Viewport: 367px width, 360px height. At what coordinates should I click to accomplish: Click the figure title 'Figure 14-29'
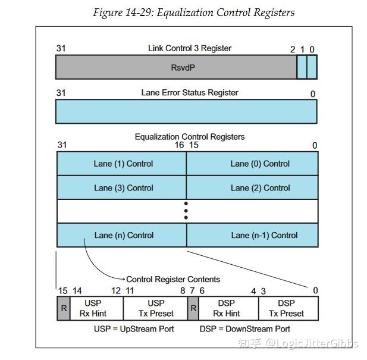[x=193, y=12]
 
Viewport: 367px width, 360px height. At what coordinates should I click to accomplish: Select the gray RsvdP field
[x=176, y=68]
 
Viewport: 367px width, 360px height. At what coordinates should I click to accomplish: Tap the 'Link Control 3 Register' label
[x=189, y=48]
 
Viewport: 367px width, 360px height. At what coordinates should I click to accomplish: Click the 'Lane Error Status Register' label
[x=189, y=92]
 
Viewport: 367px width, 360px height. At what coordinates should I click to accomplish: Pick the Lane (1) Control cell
[x=123, y=164]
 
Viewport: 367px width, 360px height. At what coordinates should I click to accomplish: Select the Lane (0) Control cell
[x=259, y=164]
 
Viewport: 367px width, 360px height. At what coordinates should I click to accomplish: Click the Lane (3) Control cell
[x=123, y=187]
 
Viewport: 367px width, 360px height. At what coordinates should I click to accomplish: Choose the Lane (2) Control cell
[x=259, y=187]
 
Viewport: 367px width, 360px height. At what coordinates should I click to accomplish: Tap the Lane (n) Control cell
[x=123, y=235]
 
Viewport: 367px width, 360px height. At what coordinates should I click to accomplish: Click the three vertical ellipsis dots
[x=186, y=211]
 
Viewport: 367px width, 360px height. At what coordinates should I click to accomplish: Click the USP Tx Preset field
[x=156, y=308]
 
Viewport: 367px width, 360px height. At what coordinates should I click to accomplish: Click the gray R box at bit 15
[x=63, y=308]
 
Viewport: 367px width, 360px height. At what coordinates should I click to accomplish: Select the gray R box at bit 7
[x=193, y=308]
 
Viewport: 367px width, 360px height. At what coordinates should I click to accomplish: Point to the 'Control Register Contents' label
[x=172, y=279]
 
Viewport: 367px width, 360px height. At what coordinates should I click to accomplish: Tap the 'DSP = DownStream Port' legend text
[x=244, y=328]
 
